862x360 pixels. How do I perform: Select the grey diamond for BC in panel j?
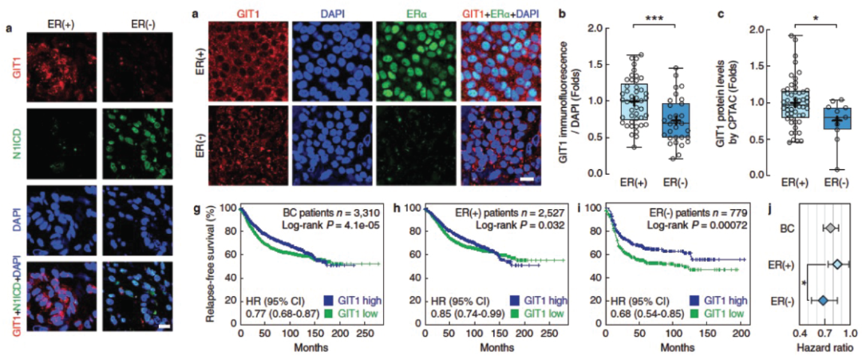tap(830, 229)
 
